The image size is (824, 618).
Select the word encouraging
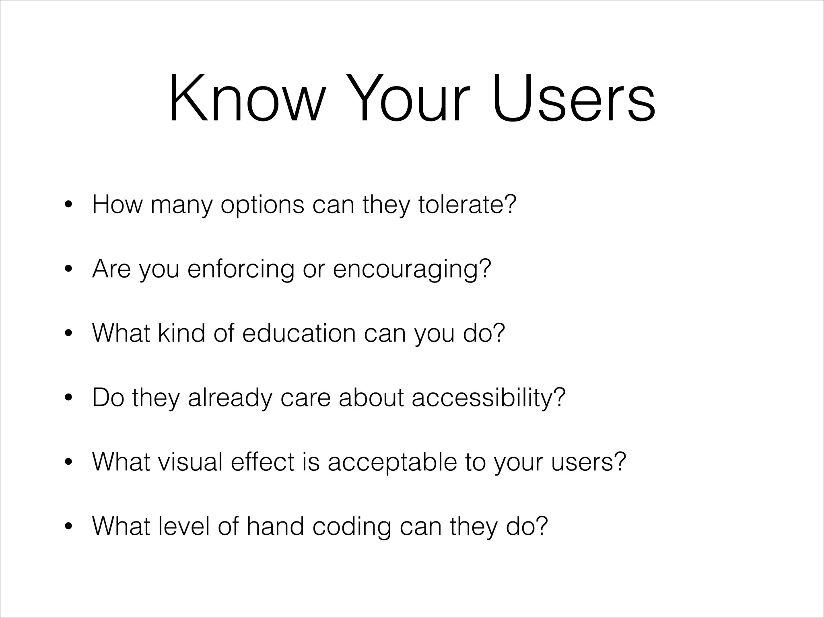coord(407,270)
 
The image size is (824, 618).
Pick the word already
coord(230,398)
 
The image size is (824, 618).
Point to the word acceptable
coord(392,463)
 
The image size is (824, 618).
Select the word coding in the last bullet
coord(352,527)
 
